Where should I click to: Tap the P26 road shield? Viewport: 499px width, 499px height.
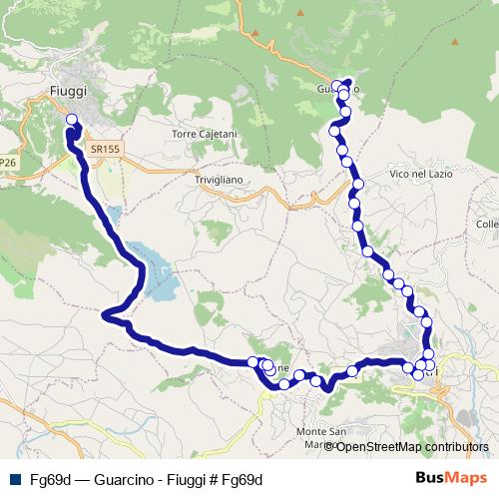(x=8, y=162)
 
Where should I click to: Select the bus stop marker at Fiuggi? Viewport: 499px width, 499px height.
(x=72, y=121)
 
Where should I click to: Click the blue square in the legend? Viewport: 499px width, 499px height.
(x=14, y=479)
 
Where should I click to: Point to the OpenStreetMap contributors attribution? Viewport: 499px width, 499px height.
(x=412, y=447)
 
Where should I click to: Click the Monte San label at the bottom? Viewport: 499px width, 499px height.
(x=321, y=431)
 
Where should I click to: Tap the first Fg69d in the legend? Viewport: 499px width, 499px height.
(x=50, y=479)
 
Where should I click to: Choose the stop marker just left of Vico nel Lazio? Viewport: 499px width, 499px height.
(x=357, y=184)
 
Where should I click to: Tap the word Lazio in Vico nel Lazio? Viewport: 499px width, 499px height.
(x=438, y=174)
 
